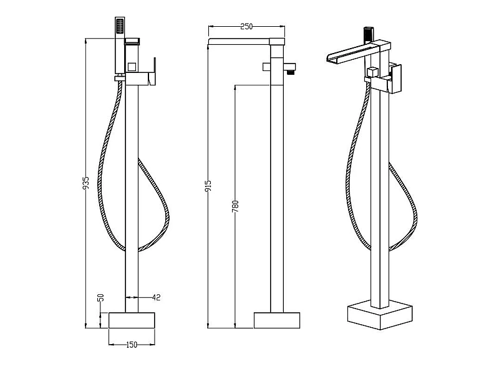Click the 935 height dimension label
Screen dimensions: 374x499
[87, 183]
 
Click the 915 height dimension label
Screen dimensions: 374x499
[208, 186]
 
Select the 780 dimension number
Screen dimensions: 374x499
[235, 206]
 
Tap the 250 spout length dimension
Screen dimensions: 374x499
[246, 27]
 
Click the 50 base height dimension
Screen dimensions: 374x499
[100, 299]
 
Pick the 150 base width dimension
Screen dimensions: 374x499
[132, 343]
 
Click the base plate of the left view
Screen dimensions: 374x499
[132, 320]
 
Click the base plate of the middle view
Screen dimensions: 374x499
[277, 319]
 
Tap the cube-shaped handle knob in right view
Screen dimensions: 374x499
[372, 72]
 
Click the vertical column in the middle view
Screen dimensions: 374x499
[277, 187]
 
